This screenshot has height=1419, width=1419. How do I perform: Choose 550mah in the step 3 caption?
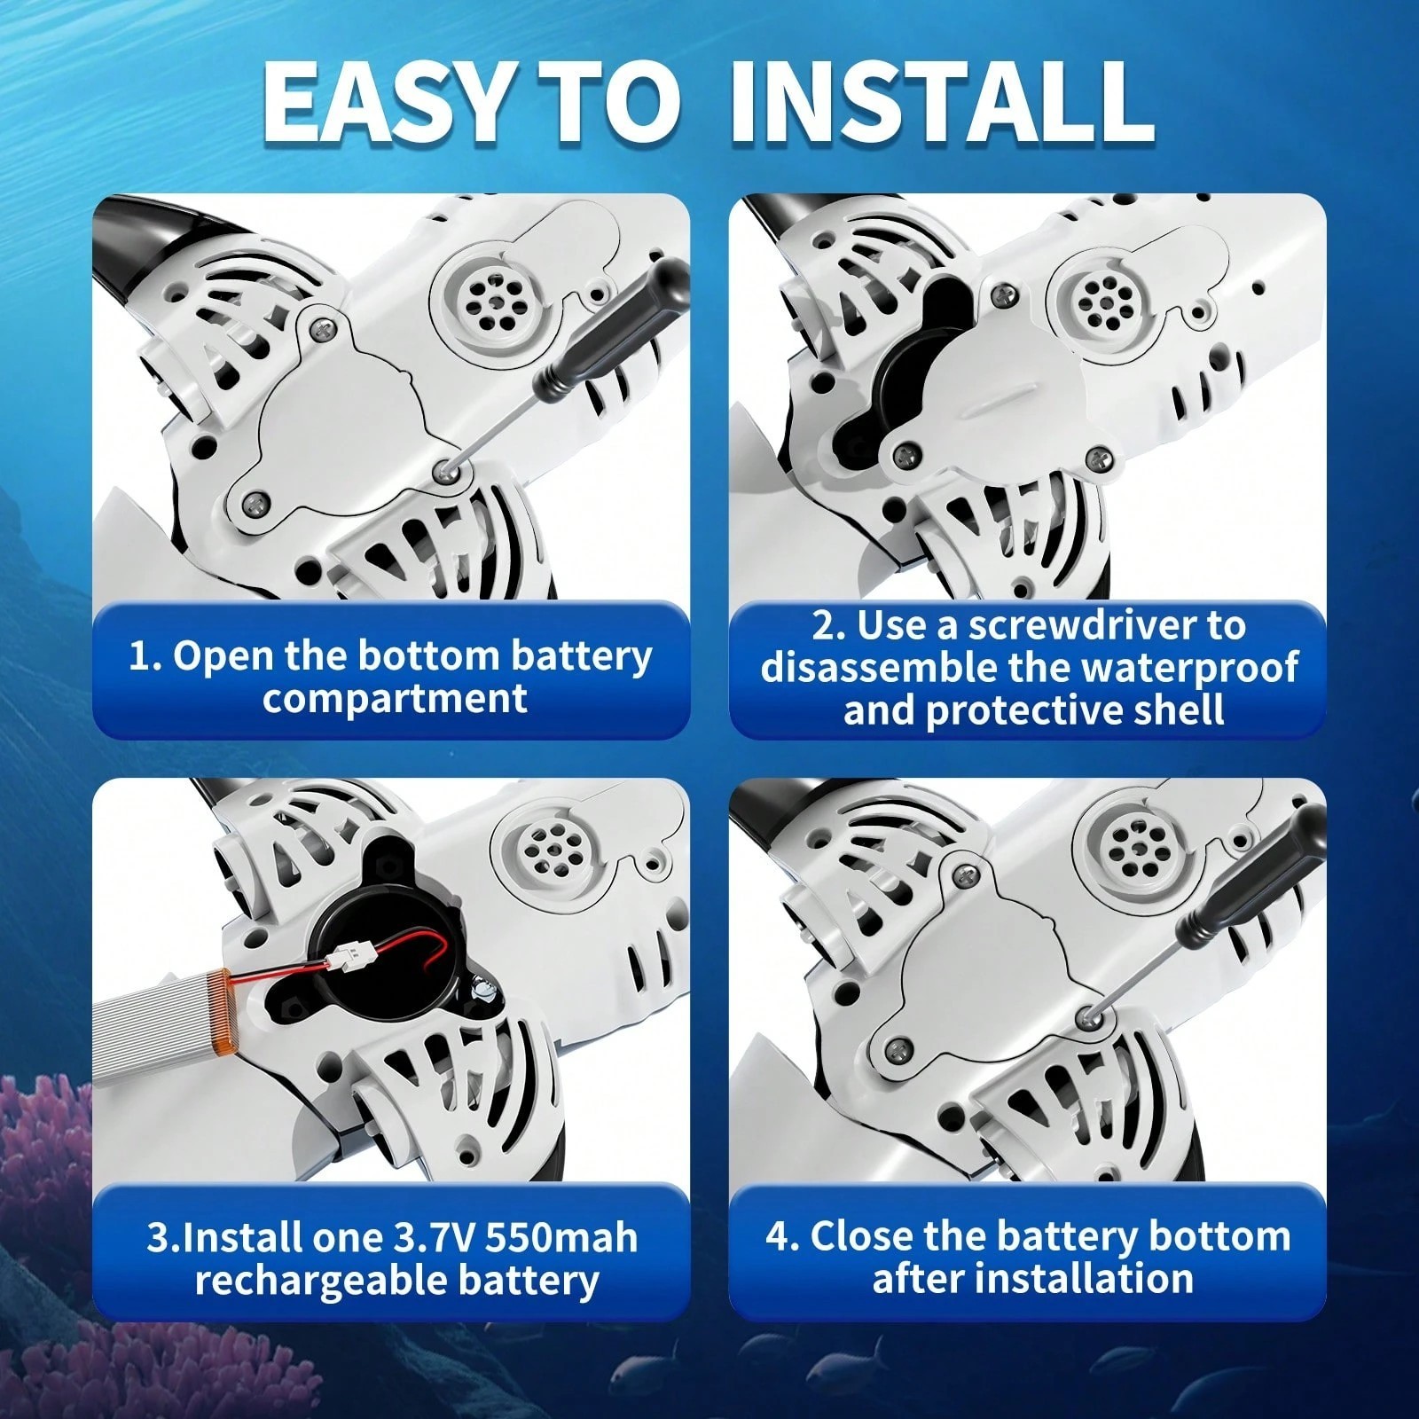coord(558,1238)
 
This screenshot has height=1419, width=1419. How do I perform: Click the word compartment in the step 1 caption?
coord(395,699)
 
